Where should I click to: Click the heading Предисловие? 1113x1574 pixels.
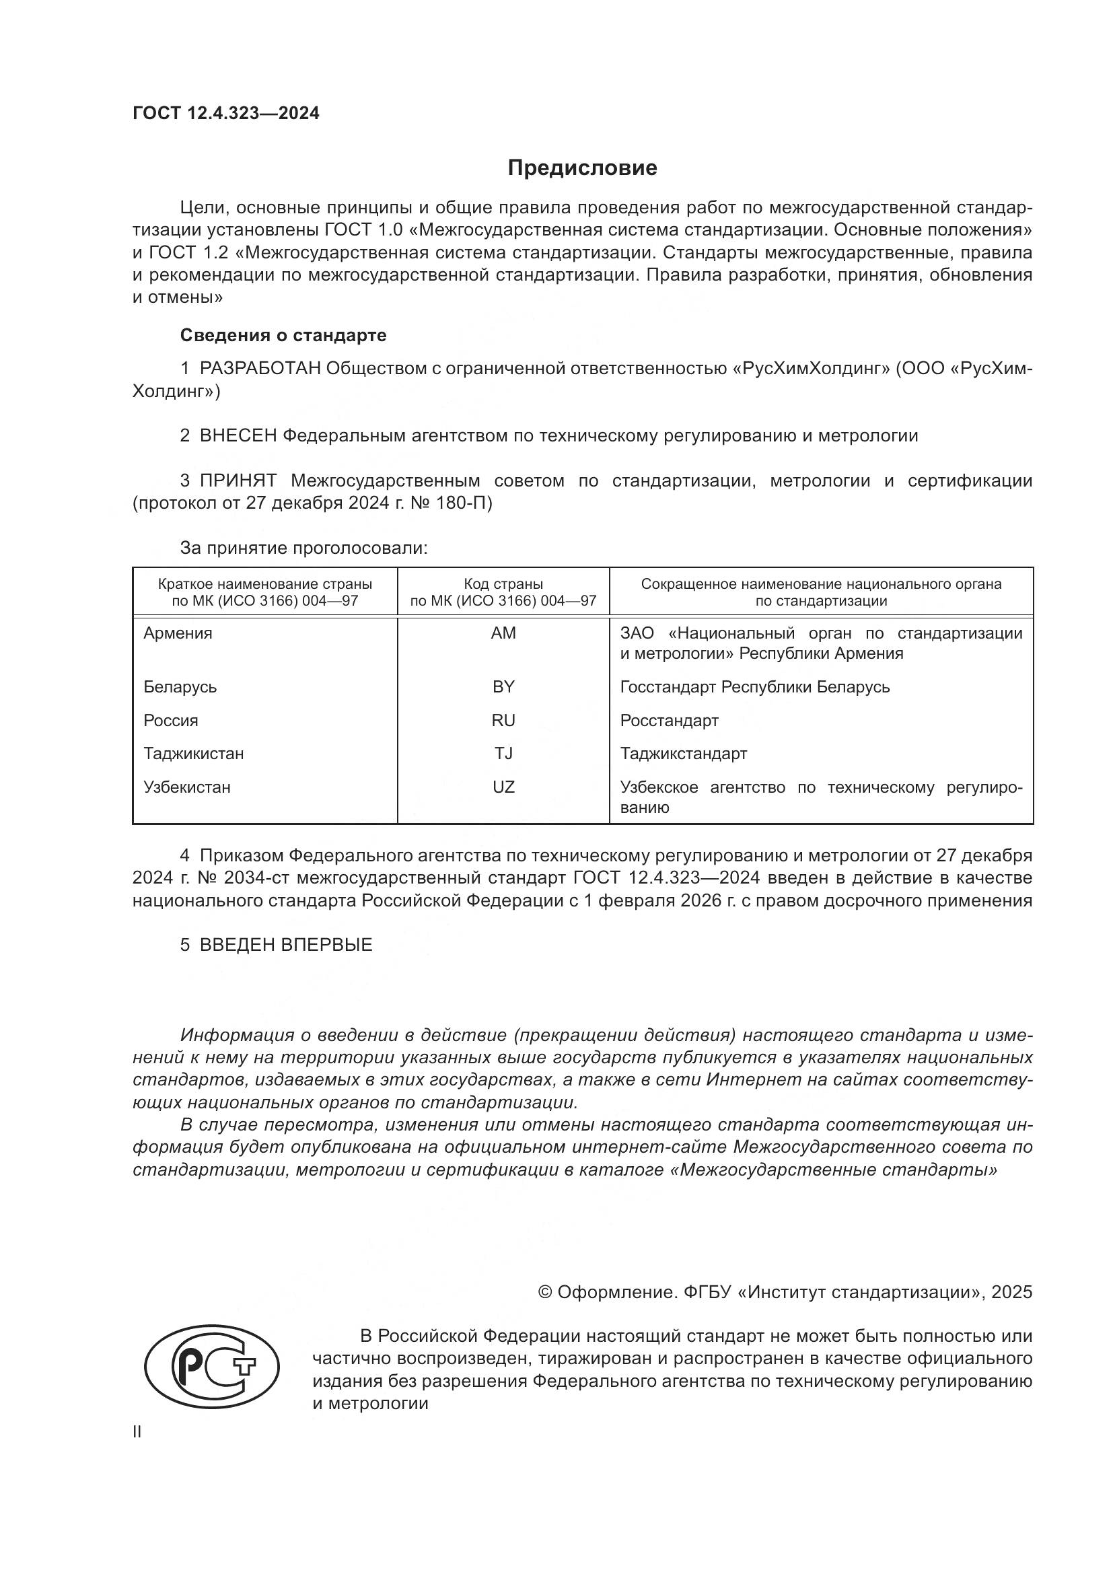[x=582, y=168]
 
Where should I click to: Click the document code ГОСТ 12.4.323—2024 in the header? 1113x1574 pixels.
[x=225, y=114]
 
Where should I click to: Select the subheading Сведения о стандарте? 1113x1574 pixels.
[x=283, y=335]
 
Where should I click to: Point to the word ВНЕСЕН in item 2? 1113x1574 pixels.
[x=238, y=436]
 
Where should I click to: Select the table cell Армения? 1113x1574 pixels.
[x=178, y=633]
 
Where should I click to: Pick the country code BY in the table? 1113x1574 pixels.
[x=503, y=687]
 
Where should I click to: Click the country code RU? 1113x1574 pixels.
[x=503, y=721]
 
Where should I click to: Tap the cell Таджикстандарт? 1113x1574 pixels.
[x=683, y=754]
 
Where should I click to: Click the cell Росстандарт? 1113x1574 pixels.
[x=669, y=721]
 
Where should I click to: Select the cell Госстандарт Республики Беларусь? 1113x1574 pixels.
[x=754, y=687]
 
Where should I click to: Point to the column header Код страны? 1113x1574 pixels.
[x=503, y=584]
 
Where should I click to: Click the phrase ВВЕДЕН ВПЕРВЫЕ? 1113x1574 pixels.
[x=286, y=945]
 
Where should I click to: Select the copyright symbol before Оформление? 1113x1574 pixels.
[x=545, y=1292]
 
